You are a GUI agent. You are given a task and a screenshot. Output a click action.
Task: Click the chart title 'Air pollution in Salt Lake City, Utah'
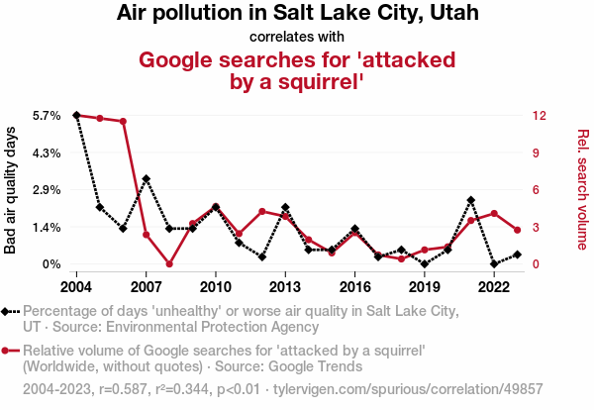point(297,14)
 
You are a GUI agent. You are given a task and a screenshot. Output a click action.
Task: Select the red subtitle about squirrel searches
point(297,70)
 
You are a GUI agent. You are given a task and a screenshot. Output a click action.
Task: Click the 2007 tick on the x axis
point(146,287)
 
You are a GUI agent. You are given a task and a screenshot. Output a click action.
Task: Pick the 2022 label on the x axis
point(494,287)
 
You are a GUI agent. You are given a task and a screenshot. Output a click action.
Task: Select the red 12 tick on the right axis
point(538,116)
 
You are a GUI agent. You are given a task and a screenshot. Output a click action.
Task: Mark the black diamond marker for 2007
point(147,179)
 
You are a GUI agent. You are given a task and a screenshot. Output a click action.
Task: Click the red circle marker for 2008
point(169,264)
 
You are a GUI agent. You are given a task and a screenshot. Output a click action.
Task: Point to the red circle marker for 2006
point(123,121)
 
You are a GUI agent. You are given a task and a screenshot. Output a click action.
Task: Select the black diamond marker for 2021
point(471,200)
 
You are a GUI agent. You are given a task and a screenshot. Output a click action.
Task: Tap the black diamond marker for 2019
point(425,264)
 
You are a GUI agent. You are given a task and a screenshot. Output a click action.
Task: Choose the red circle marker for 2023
point(518,230)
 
